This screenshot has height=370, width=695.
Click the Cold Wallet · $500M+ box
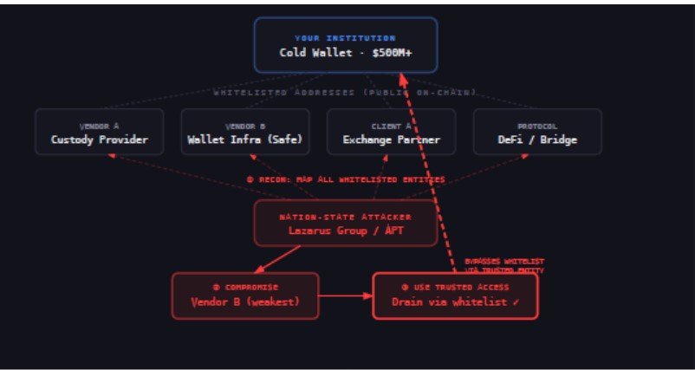point(345,45)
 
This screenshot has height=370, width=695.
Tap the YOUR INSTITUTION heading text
point(345,38)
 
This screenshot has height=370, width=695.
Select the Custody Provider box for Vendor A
point(99,132)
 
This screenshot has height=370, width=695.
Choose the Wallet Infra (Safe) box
point(244,132)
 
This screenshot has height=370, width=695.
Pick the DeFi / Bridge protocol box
point(537,132)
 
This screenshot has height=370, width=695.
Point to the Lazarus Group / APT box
point(346,224)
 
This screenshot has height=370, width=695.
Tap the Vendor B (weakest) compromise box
point(245,295)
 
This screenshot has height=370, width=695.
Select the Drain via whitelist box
point(455,295)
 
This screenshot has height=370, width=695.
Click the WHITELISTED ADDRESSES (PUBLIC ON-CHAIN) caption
point(345,92)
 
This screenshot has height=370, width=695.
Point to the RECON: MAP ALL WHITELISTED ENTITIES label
point(346,179)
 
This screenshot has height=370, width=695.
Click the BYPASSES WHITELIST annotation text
point(505,261)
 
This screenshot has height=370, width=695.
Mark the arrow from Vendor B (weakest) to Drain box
point(346,295)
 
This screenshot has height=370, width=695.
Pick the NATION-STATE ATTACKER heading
point(346,216)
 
